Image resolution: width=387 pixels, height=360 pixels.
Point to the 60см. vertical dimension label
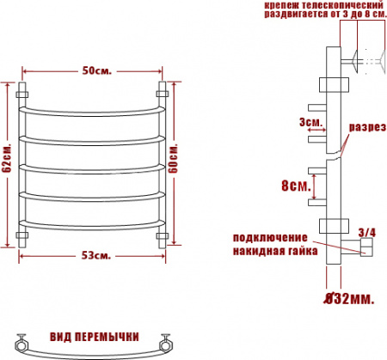coord(175,159)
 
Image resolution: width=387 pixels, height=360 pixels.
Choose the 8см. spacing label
coord(295,186)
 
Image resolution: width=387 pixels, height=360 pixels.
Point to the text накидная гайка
coord(274,251)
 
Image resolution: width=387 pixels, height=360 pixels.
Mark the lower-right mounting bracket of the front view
coord(162,235)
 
